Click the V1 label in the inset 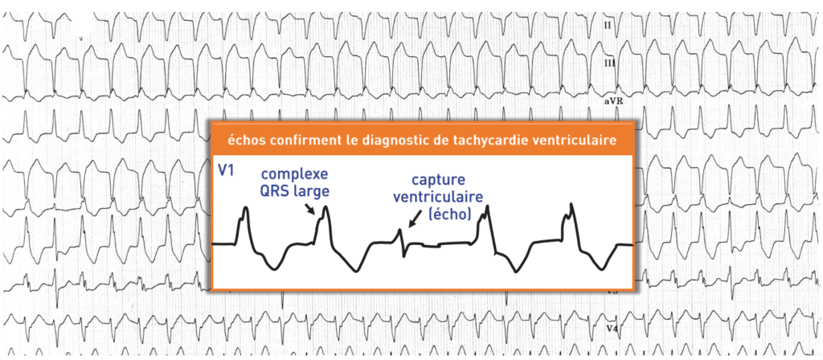[227, 172]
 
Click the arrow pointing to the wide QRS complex [310, 211]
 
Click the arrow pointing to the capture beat [415, 218]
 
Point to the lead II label [608, 26]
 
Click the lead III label [610, 63]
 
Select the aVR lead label [614, 103]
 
